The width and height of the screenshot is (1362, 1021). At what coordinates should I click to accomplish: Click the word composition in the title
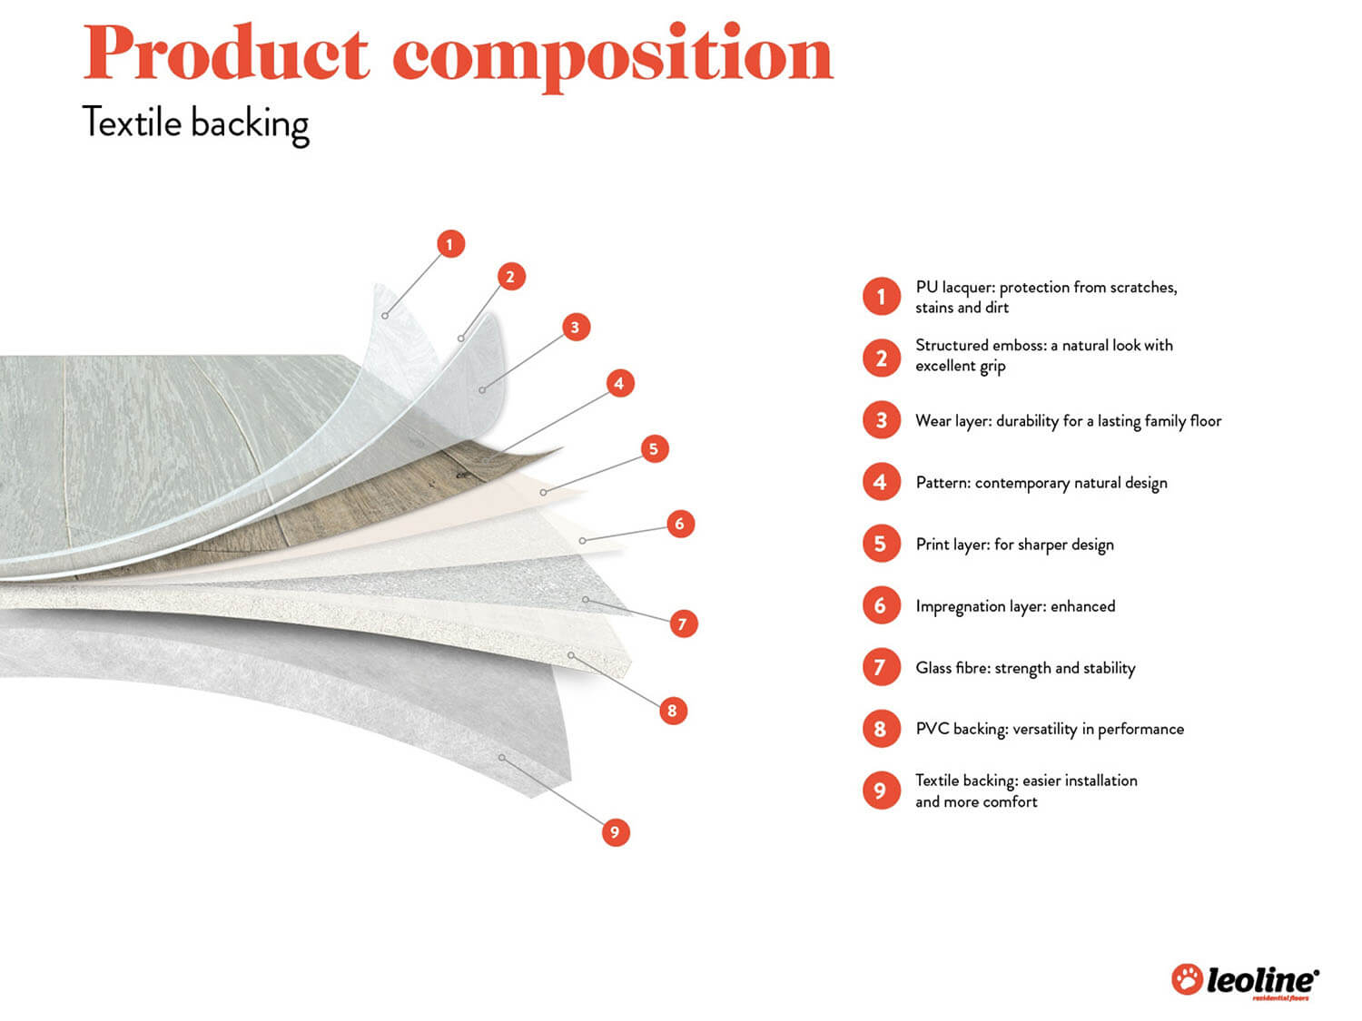613,56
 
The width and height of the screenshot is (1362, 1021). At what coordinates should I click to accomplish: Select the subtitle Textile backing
196,124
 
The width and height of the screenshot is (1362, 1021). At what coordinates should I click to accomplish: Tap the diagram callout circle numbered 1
450,244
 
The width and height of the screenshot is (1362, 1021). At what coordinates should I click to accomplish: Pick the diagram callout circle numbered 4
619,383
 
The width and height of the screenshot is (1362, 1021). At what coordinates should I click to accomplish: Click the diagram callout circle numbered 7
683,623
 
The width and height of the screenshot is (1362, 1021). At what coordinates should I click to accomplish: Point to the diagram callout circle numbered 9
615,832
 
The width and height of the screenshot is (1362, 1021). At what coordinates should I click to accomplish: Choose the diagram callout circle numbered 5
654,448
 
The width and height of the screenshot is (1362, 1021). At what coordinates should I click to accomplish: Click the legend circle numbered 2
881,358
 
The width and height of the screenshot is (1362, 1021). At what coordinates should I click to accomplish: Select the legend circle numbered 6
881,605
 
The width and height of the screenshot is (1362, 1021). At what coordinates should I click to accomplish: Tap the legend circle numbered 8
881,729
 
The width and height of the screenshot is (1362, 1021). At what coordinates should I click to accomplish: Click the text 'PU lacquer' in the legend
953,288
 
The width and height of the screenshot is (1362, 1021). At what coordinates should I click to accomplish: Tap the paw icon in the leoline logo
1187,979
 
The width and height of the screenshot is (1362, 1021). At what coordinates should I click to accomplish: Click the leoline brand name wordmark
1262,980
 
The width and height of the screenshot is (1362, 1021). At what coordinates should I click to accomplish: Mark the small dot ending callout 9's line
501,757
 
